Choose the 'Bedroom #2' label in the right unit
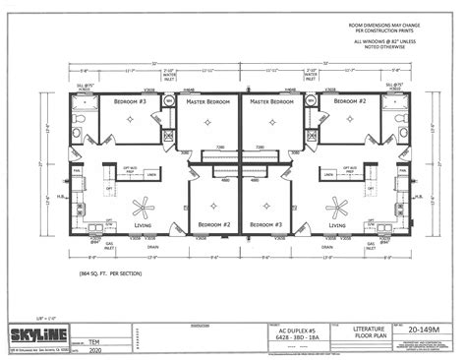(x=350, y=101)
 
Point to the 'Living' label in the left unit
(x=144, y=224)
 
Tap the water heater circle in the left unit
(x=168, y=101)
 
